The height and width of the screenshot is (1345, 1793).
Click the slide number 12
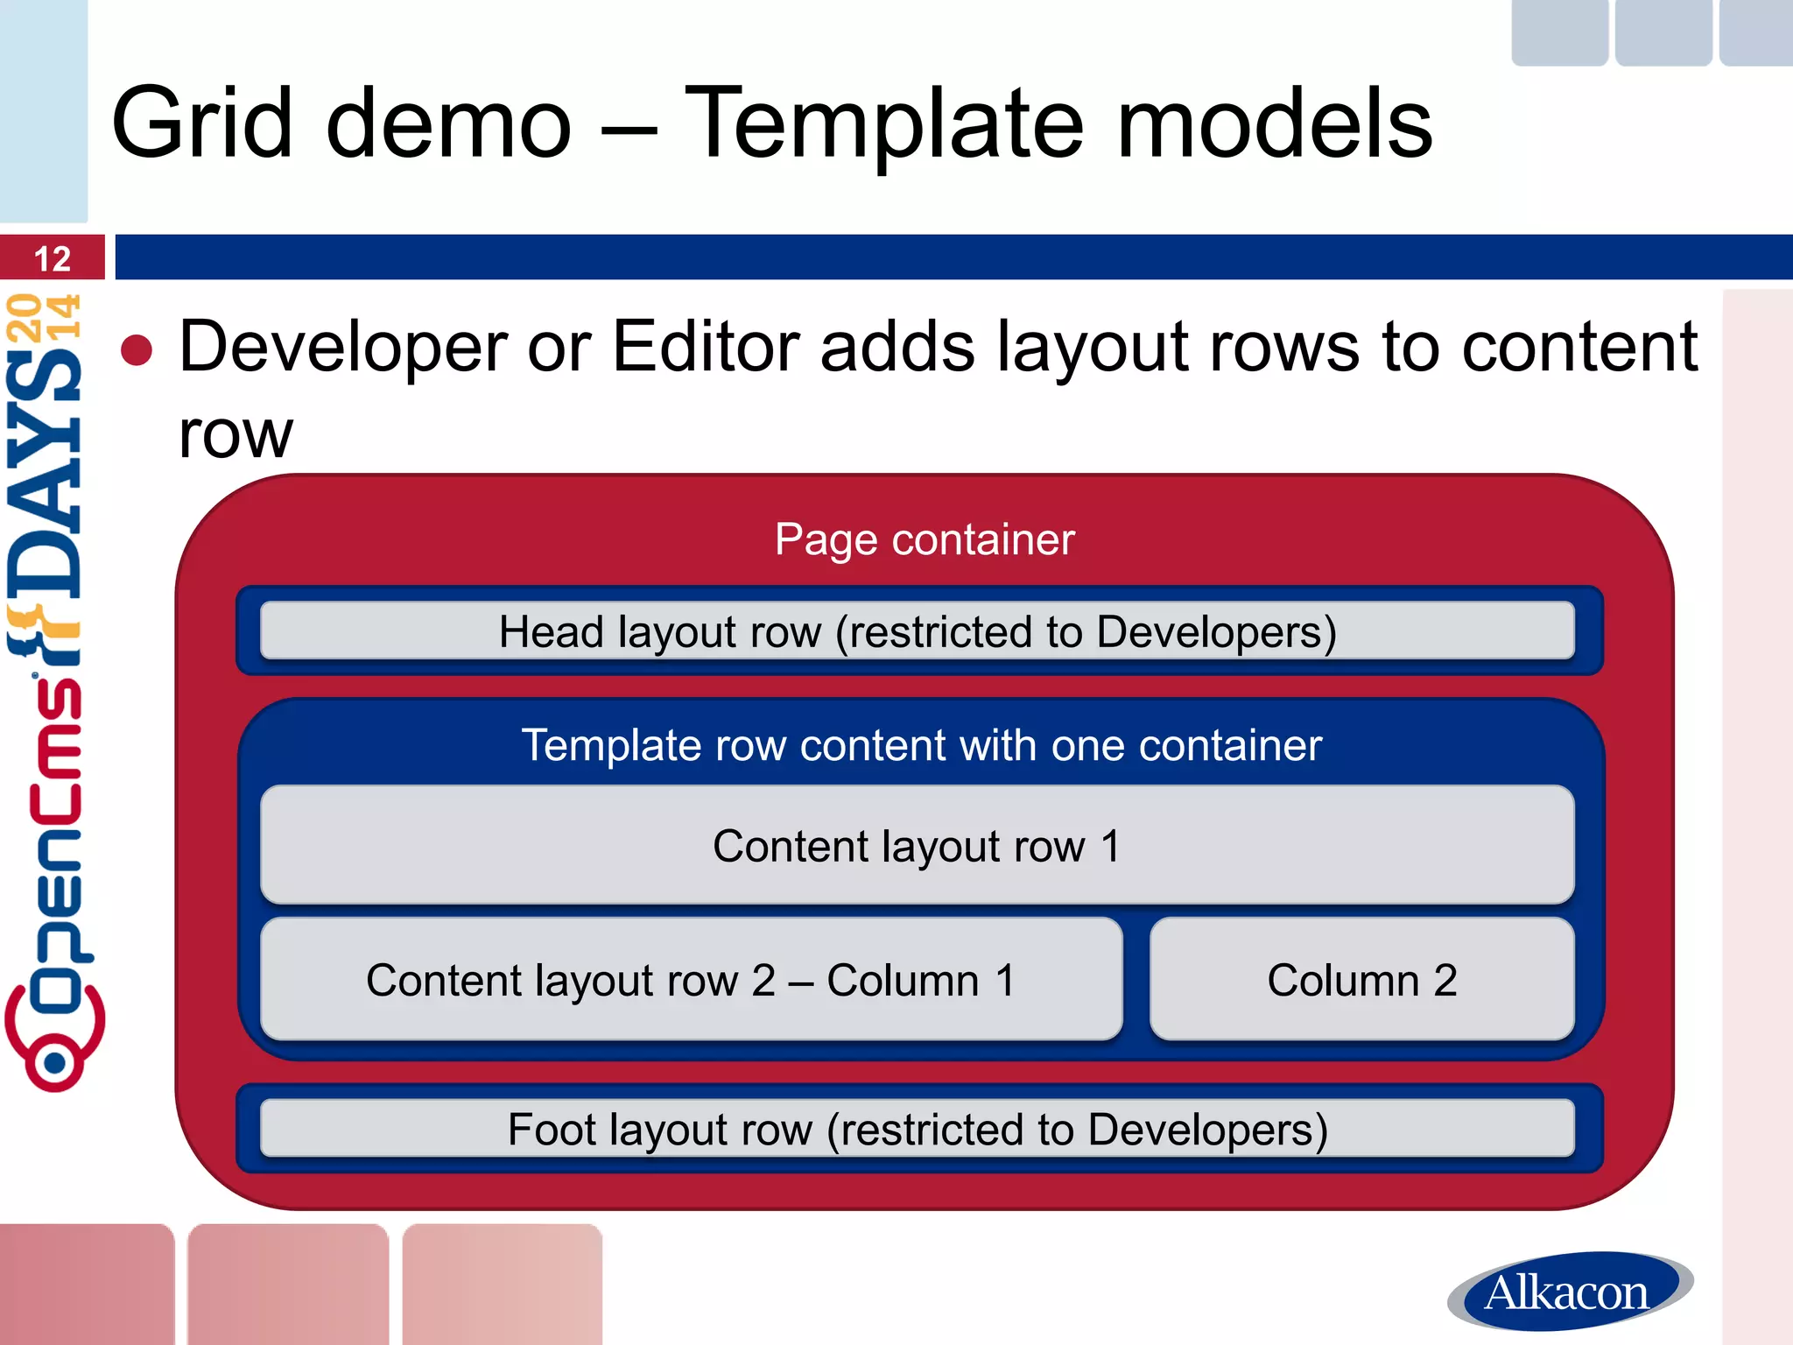tap(52, 259)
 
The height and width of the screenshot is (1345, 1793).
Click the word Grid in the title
tap(202, 124)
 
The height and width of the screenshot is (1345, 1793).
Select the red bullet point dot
tap(137, 350)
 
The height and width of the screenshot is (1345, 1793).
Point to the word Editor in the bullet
tap(706, 347)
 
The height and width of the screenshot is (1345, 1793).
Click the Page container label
tap(925, 539)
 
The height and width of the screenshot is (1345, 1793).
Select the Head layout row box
tap(918, 630)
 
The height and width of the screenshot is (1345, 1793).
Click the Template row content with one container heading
tap(921, 746)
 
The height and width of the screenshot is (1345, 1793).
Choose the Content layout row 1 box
tap(918, 845)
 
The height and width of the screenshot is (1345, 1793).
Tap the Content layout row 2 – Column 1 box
tap(692, 979)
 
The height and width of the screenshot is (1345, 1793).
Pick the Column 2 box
tap(1362, 979)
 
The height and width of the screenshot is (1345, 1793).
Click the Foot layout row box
tap(918, 1129)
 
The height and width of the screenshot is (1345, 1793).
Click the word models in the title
tap(1275, 124)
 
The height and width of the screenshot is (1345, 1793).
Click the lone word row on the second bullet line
tap(236, 434)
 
